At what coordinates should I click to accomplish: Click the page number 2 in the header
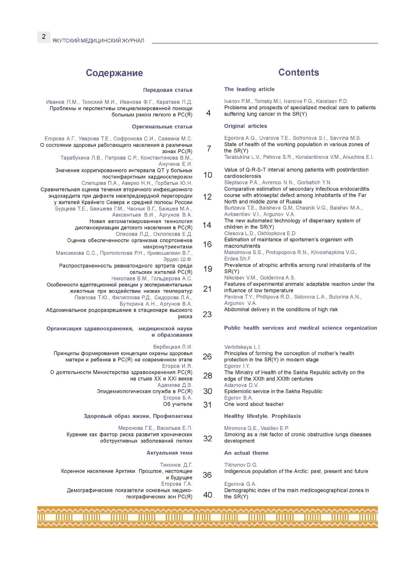pyautogui.click(x=43, y=37)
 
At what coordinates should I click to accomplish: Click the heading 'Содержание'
pyautogui.click(x=114, y=73)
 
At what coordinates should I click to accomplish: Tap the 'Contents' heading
pyautogui.click(x=298, y=72)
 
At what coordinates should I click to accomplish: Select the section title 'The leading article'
pyautogui.click(x=249, y=89)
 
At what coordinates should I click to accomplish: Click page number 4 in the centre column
pyautogui.click(x=208, y=113)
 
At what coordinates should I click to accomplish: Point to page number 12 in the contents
pyautogui.click(x=207, y=197)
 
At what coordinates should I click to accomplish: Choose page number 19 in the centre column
pyautogui.click(x=207, y=269)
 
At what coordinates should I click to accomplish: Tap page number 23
pyautogui.click(x=207, y=314)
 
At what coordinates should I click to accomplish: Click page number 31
pyautogui.click(x=207, y=405)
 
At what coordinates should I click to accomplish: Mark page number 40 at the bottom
pyautogui.click(x=207, y=495)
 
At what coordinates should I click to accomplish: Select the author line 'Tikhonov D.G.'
pyautogui.click(x=241, y=465)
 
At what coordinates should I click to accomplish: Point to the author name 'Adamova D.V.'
pyautogui.click(x=241, y=385)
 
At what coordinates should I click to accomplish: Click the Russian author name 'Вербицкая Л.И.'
pyautogui.click(x=173, y=347)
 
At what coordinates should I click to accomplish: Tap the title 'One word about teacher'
pyautogui.click(x=254, y=404)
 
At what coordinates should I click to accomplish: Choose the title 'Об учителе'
pyautogui.click(x=178, y=404)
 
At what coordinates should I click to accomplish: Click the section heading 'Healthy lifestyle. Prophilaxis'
pyautogui.click(x=262, y=416)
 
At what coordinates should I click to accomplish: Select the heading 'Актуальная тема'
pyautogui.click(x=169, y=453)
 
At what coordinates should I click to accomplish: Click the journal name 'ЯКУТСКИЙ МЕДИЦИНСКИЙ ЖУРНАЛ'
pyautogui.click(x=98, y=41)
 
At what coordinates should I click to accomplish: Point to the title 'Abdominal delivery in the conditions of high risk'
pyautogui.click(x=281, y=309)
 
